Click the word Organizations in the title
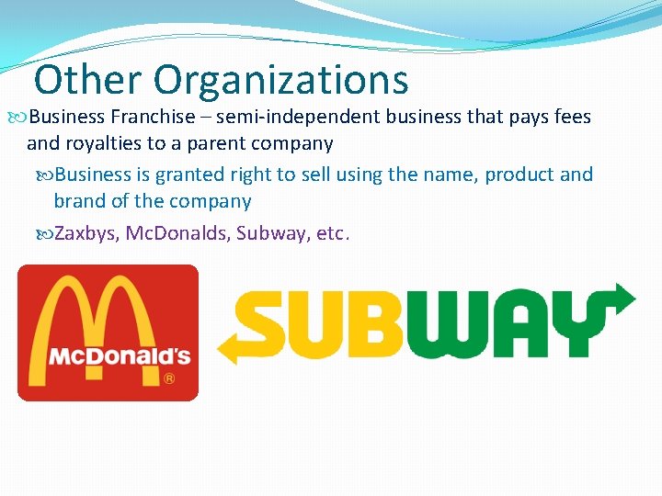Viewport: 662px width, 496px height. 280,82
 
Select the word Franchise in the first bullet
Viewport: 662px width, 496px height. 153,117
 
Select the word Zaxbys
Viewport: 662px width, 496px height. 86,232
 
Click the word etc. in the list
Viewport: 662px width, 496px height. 332,232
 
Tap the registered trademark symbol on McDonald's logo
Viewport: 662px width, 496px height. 169,378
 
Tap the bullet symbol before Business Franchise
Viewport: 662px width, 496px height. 22,117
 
